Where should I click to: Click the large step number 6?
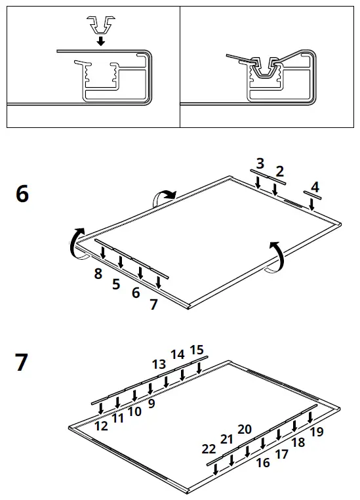tap(22, 194)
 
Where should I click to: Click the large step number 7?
tap(22, 362)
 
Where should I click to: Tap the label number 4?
tap(315, 187)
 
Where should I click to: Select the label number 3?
tap(260, 163)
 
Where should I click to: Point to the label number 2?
tap(280, 172)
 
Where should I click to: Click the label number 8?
tap(98, 274)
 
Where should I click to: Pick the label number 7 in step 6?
tap(153, 304)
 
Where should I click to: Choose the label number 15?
tap(197, 350)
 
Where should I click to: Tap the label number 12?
tap(101, 425)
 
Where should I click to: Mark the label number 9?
tap(151, 404)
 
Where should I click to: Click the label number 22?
tap(209, 449)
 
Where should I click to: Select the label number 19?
tap(317, 432)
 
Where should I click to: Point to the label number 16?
tap(263, 463)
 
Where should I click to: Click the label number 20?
tap(245, 429)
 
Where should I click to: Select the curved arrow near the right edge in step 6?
tap(278, 256)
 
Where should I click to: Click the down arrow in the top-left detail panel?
tap(100, 41)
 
